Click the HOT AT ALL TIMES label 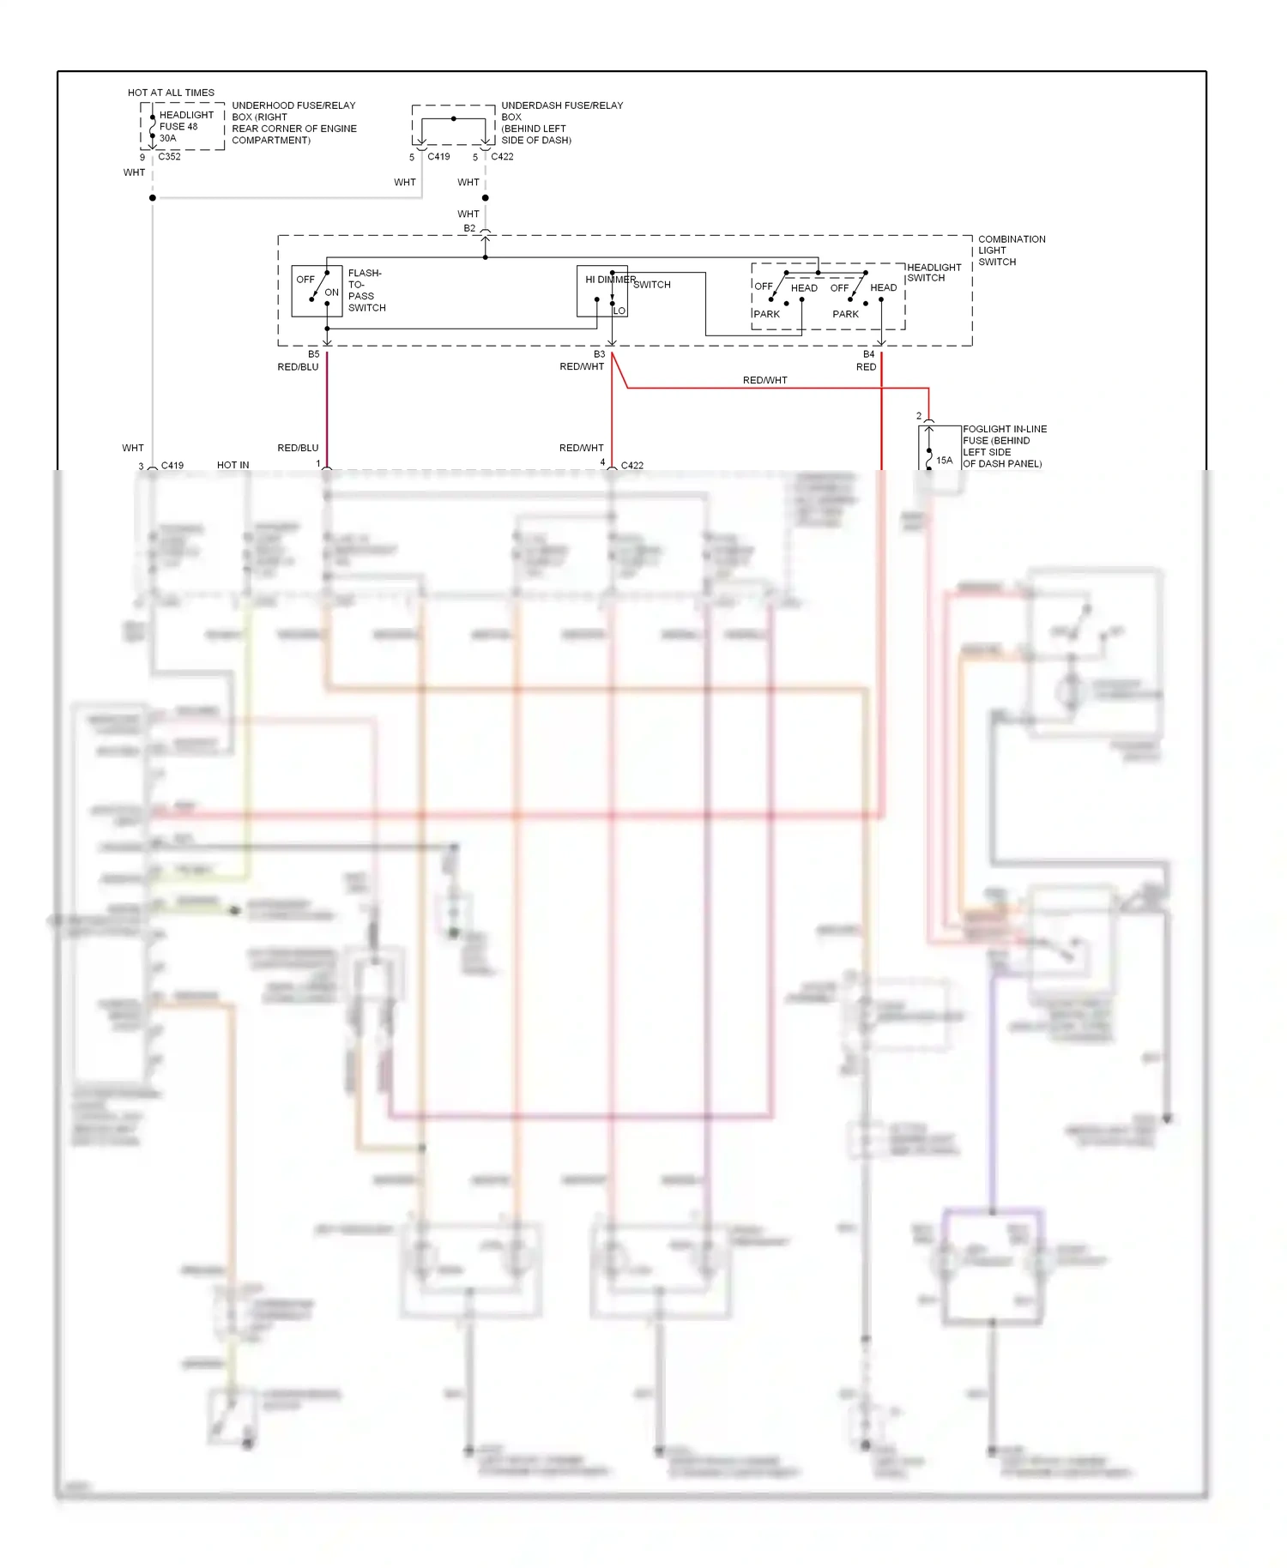coord(171,93)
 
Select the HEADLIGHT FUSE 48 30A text coord(185,126)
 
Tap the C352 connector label coord(169,157)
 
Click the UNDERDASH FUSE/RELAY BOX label coord(561,123)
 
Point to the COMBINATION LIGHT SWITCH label coord(1011,250)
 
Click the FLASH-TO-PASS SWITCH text coord(366,291)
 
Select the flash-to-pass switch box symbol coord(317,291)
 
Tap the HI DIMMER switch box coord(601,291)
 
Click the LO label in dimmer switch coord(619,311)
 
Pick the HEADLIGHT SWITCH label coord(934,273)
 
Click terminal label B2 coord(469,229)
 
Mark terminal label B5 coord(313,354)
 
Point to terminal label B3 coord(599,354)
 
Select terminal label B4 coord(868,354)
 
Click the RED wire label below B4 coord(866,367)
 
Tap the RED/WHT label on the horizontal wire coord(764,380)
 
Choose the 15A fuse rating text coord(944,461)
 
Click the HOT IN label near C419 coord(233,465)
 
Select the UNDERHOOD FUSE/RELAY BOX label coord(293,123)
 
